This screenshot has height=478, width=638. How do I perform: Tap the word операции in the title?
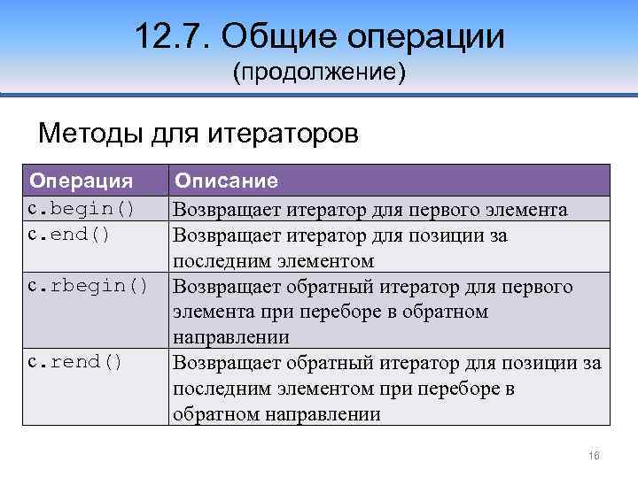[425, 37]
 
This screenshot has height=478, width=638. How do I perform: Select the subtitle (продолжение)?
[319, 73]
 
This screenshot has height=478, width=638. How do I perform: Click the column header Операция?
[82, 181]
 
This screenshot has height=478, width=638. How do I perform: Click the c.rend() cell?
[75, 363]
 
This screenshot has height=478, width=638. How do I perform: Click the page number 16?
[595, 455]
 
